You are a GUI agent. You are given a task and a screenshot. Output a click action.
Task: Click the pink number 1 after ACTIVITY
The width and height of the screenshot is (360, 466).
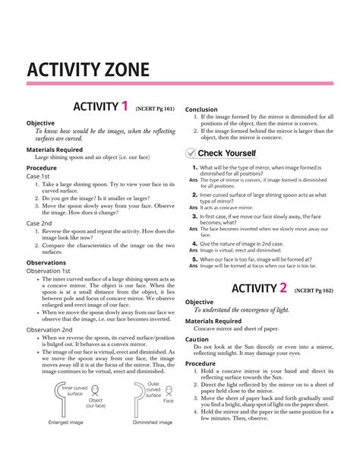tap(125, 106)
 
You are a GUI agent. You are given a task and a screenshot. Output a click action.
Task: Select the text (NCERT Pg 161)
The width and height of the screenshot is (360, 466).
tap(156, 109)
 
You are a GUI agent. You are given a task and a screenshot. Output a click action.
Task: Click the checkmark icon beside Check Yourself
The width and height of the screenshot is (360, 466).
tap(191, 153)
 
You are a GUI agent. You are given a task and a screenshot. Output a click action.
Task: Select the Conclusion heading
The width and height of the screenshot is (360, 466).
tap(201, 109)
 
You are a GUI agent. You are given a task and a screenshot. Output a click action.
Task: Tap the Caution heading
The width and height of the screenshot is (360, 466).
tap(197, 339)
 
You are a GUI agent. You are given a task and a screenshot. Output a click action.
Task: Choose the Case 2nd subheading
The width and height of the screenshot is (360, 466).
tap(39, 223)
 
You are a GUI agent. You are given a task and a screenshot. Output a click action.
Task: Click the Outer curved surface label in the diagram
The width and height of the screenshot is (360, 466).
tap(154, 390)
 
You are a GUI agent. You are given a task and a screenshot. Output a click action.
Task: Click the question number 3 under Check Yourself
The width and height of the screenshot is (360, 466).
tap(195, 217)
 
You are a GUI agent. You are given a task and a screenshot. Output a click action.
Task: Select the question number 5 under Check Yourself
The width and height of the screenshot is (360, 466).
tap(195, 259)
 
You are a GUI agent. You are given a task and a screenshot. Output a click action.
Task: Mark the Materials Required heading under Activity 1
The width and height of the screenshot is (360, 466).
tap(55, 150)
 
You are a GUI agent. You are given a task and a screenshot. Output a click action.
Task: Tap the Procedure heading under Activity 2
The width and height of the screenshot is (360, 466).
tap(201, 363)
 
